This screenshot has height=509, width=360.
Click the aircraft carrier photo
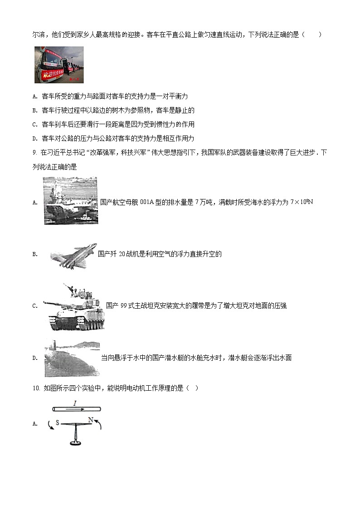pos(70,200)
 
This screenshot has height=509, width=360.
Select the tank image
pos(73,306)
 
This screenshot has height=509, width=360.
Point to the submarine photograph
pos(72,358)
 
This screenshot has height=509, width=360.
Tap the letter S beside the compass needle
pos(58,422)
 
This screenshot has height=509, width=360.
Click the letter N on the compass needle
pos(91,420)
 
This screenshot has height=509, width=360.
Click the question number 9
pos(35,153)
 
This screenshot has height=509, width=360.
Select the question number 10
pos(37,388)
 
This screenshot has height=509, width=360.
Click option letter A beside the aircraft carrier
pos(35,203)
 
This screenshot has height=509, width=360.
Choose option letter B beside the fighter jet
pos(35,255)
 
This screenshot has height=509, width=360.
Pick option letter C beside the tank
pos(35,306)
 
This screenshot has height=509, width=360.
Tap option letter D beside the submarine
pos(35,359)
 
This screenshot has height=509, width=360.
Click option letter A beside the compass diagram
pos(35,424)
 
